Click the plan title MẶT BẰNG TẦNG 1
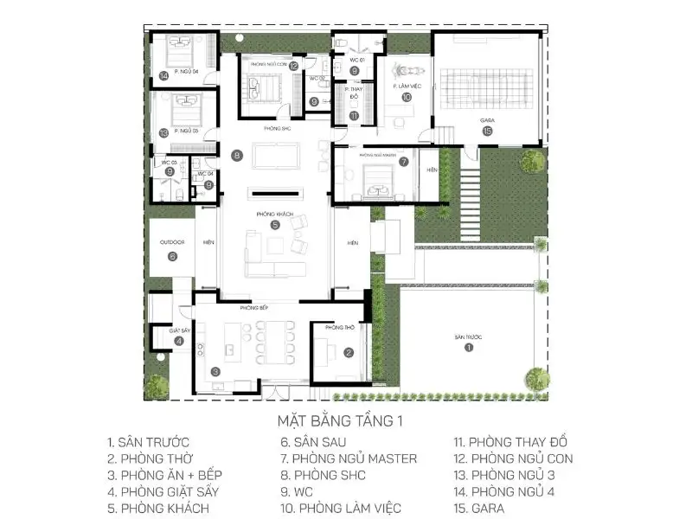click(340, 422)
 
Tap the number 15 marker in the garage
click(488, 131)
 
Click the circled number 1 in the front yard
click(469, 347)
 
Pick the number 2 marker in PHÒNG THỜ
click(348, 352)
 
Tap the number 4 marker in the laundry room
click(179, 341)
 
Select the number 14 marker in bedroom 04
click(163, 76)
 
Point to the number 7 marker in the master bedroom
click(403, 161)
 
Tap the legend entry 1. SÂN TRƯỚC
click(148, 442)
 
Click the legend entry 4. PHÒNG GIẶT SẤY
click(163, 491)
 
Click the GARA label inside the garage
click(488, 120)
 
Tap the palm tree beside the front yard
click(536, 377)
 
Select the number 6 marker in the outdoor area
click(171, 256)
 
